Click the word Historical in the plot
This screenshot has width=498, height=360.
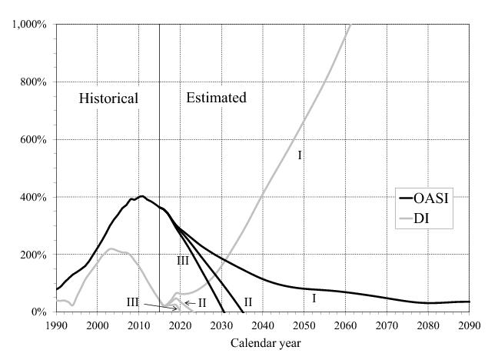tap(109, 98)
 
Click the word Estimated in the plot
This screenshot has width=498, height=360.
tap(217, 98)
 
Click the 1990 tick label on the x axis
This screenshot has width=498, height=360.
tap(56, 325)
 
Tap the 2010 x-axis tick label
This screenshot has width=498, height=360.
tap(138, 325)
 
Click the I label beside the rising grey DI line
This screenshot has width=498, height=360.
tap(300, 156)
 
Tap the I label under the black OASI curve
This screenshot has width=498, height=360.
tap(314, 298)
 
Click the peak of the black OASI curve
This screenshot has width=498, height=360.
tap(141, 196)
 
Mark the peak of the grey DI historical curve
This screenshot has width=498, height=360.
tap(112, 248)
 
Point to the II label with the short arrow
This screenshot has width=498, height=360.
tap(202, 303)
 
